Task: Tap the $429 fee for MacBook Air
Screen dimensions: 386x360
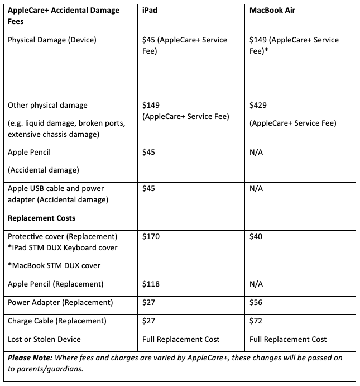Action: (x=259, y=105)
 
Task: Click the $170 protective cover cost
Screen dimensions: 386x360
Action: (x=151, y=237)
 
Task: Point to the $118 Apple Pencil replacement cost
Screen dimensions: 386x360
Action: (x=151, y=284)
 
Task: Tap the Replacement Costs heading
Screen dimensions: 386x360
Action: (x=42, y=217)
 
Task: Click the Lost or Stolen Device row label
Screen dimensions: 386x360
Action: (x=44, y=340)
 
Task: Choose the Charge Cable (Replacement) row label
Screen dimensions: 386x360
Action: (x=57, y=321)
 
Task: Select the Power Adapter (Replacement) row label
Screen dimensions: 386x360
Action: (x=60, y=302)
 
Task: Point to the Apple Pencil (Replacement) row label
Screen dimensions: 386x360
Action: (x=56, y=284)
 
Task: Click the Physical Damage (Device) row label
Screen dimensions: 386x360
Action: (x=52, y=40)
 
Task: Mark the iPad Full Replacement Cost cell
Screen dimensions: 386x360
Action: (x=181, y=340)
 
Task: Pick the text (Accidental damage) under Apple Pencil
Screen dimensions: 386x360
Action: (x=44, y=170)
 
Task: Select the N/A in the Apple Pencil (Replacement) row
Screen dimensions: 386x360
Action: (x=256, y=284)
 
